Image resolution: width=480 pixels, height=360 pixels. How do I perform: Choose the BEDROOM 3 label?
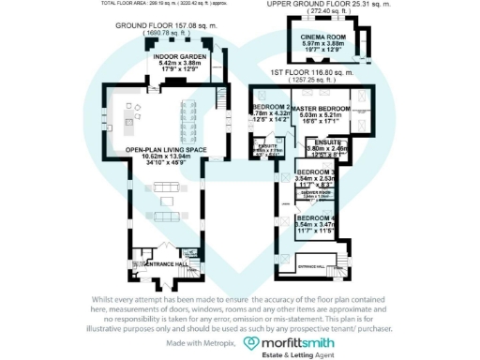[x=315, y=173]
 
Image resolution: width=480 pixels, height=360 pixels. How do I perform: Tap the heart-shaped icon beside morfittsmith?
[x=251, y=345]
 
